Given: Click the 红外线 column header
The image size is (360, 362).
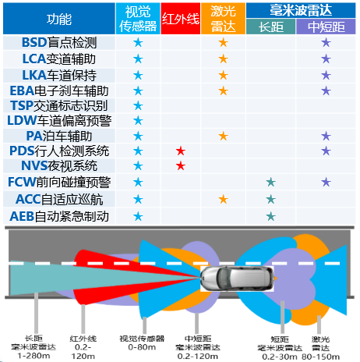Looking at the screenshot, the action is [x=181, y=19].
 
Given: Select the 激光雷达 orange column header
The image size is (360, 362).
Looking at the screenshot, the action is [x=223, y=19].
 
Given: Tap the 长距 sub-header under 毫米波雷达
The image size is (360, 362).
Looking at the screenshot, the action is [x=270, y=27].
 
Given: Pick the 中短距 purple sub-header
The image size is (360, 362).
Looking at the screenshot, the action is [x=326, y=27].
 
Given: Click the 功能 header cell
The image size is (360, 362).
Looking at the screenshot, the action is [x=59, y=19].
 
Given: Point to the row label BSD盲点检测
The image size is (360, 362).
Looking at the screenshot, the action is [x=59, y=43].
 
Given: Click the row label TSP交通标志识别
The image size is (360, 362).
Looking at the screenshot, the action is [x=59, y=105].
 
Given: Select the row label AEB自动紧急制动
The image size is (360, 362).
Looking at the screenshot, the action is [x=59, y=216].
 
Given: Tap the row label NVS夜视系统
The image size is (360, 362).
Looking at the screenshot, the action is [x=59, y=166].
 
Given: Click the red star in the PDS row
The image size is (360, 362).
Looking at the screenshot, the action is [x=181, y=151].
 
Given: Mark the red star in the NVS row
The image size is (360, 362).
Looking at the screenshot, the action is [x=181, y=165].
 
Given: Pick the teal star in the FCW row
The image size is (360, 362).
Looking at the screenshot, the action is [x=270, y=182].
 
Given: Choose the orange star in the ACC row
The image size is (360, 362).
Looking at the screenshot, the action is [x=223, y=200].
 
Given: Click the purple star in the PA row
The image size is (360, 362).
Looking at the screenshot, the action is [x=326, y=136].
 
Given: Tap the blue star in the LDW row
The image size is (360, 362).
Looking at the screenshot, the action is [x=138, y=120].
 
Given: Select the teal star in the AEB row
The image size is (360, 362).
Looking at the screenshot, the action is [x=270, y=216].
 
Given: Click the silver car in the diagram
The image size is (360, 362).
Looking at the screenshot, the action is [x=237, y=279].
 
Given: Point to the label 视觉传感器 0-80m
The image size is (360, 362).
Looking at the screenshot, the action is [x=142, y=342].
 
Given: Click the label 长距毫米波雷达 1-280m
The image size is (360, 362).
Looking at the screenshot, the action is [x=34, y=347].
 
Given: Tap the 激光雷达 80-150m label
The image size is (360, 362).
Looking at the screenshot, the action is [x=320, y=348].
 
